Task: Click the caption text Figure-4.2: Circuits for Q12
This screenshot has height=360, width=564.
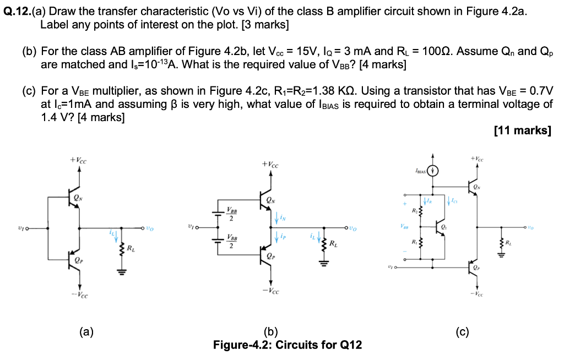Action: click(x=287, y=345)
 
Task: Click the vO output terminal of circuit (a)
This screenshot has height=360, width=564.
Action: click(x=148, y=227)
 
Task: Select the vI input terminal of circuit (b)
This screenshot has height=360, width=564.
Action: click(x=191, y=227)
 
